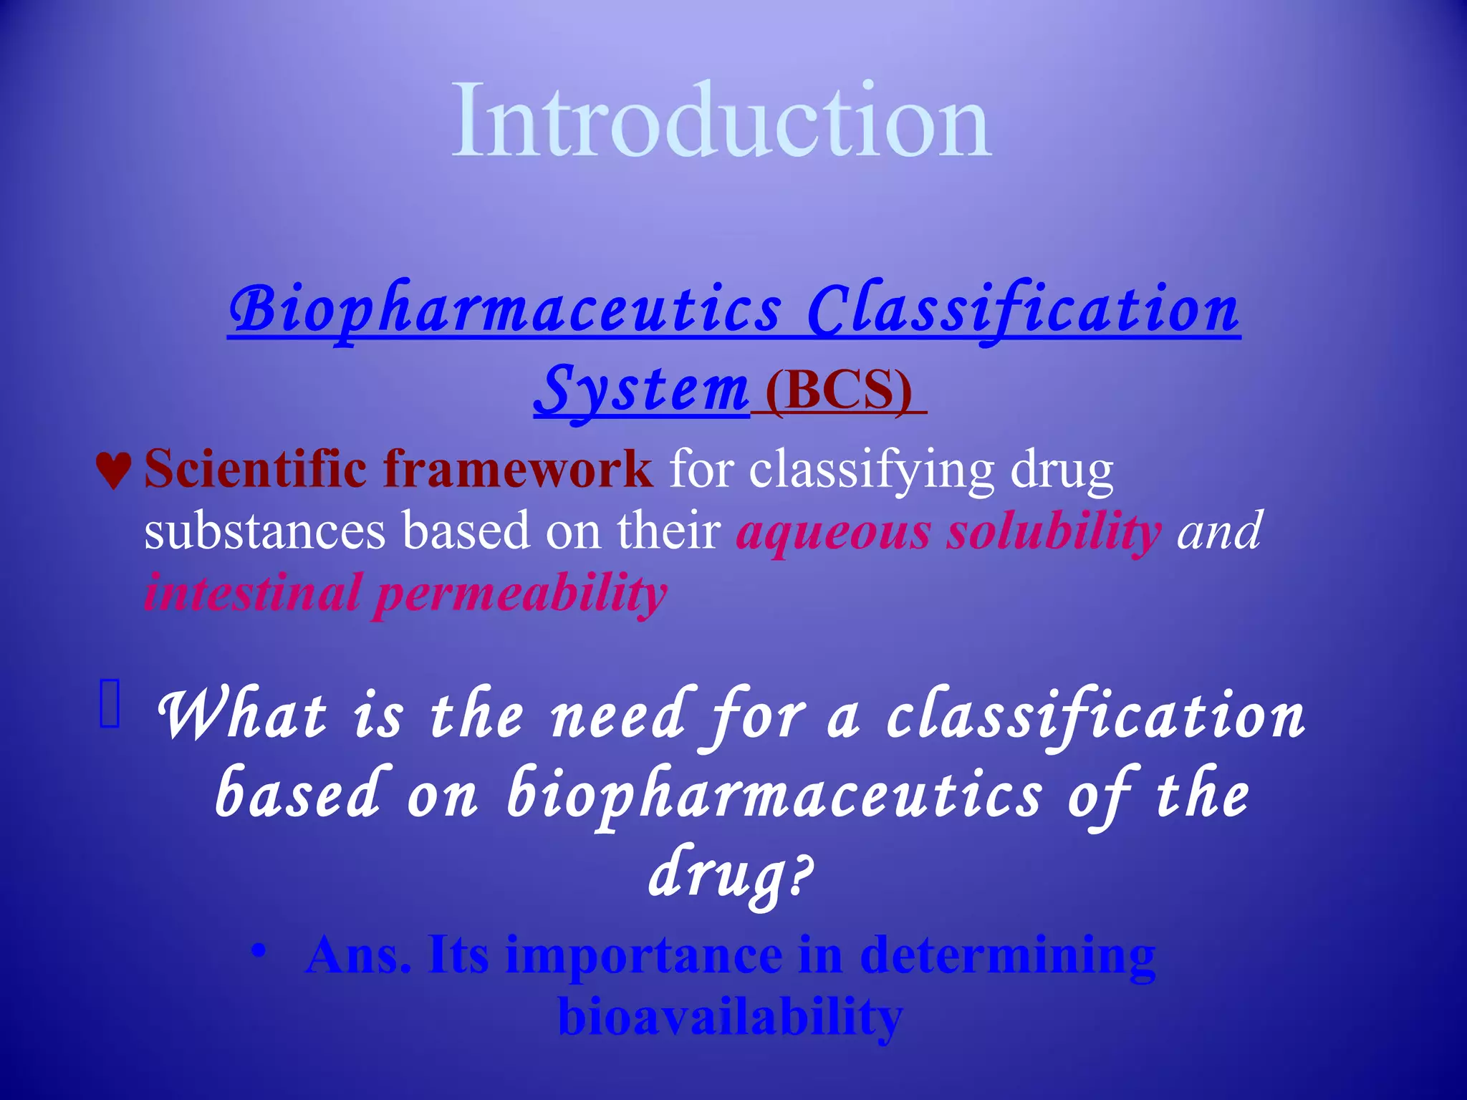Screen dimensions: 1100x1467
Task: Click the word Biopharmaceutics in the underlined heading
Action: [505, 309]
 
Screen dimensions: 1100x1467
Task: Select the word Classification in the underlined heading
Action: [1023, 309]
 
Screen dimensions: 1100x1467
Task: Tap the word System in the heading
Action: [641, 390]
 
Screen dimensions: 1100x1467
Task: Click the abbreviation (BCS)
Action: [839, 390]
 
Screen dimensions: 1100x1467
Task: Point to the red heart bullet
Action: [113, 471]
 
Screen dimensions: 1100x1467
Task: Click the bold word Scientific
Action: [255, 469]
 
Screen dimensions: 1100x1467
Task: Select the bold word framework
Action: [517, 469]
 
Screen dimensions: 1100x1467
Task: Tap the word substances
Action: [264, 531]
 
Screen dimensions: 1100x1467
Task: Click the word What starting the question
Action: [241, 716]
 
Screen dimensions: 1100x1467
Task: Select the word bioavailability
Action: [730, 1017]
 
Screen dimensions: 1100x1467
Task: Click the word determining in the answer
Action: [1007, 955]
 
